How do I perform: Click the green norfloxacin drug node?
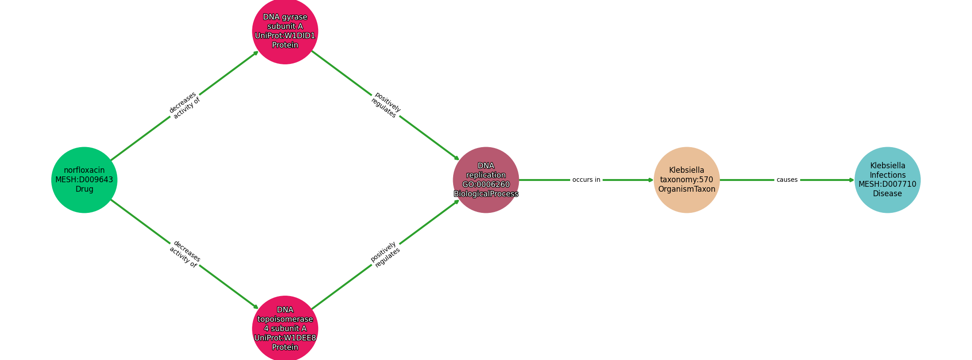[x=84, y=180]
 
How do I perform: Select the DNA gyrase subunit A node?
[x=285, y=31]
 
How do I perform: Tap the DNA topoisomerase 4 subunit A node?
[x=285, y=328]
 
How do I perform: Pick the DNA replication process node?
[x=486, y=180]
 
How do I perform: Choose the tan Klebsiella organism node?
[x=687, y=180]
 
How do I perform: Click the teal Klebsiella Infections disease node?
[x=887, y=180]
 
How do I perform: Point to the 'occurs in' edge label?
[x=586, y=180]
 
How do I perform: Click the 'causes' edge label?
[x=787, y=180]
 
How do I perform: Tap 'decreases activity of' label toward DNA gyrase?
[x=184, y=105]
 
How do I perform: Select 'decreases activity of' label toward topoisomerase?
[x=184, y=254]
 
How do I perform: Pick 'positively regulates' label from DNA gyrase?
[x=386, y=105]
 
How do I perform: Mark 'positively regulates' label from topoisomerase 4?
[x=385, y=254]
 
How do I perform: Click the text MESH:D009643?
[x=84, y=180]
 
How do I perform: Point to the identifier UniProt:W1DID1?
[x=285, y=36]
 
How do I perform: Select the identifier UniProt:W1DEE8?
[x=285, y=338]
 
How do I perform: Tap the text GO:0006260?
[x=486, y=184]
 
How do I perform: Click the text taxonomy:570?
[x=687, y=180]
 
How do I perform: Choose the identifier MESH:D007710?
[x=887, y=184]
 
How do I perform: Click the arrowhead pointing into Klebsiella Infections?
[x=852, y=180]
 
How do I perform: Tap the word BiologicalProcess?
[x=486, y=194]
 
